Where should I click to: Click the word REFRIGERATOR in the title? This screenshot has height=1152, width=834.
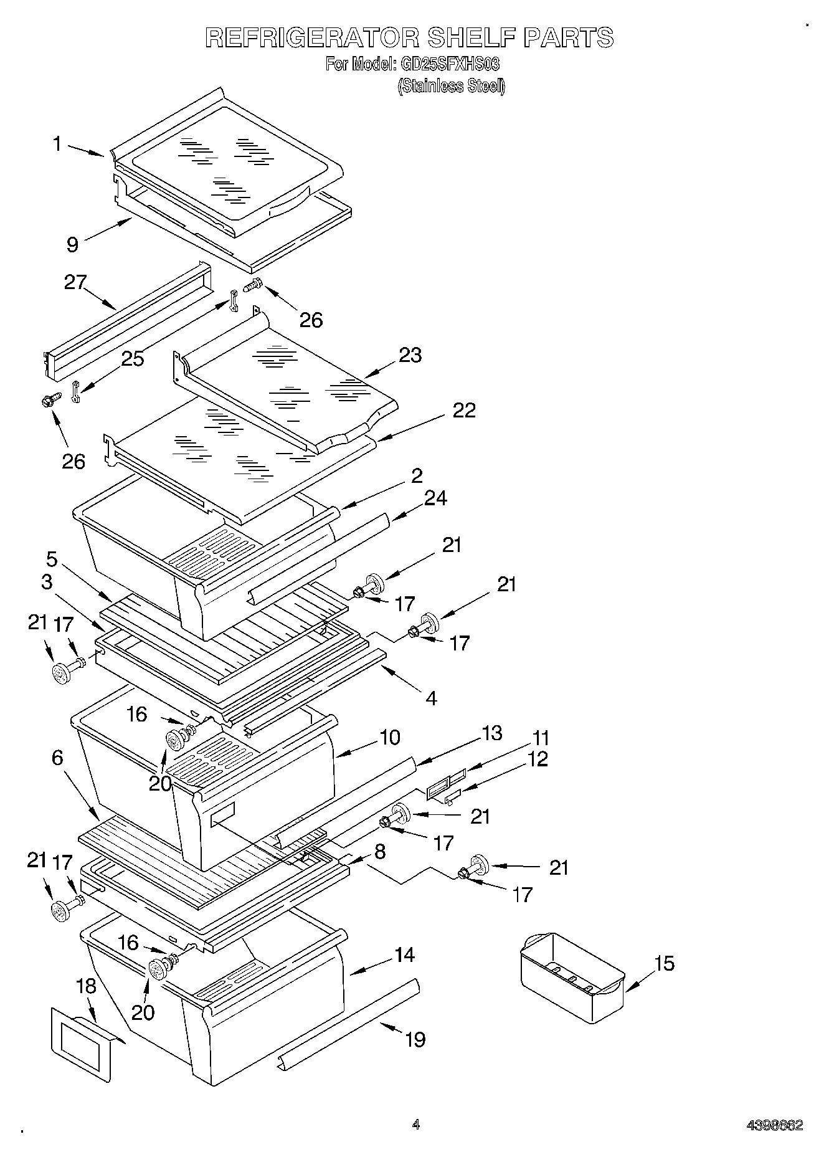point(312,39)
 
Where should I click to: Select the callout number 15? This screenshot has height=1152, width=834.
point(665,964)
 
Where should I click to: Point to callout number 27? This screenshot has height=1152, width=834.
point(75,282)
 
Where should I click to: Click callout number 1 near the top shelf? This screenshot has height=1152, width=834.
point(57,145)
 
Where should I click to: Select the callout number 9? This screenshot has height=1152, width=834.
point(73,245)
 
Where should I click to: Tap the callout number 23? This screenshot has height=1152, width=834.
point(410,355)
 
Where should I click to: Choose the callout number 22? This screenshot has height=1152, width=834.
point(464,410)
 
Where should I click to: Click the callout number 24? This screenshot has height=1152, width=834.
point(435,498)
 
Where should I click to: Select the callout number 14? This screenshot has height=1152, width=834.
point(405,954)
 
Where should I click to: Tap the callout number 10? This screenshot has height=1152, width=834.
point(389,737)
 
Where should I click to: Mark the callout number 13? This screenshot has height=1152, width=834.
point(492,733)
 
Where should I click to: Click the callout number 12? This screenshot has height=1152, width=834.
point(538,759)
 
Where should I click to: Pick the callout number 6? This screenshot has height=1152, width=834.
point(57,758)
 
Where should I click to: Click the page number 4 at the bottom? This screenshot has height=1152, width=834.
point(416,1125)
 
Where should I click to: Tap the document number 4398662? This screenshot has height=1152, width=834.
point(775,1126)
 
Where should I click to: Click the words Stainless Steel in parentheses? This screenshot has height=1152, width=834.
point(452,87)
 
